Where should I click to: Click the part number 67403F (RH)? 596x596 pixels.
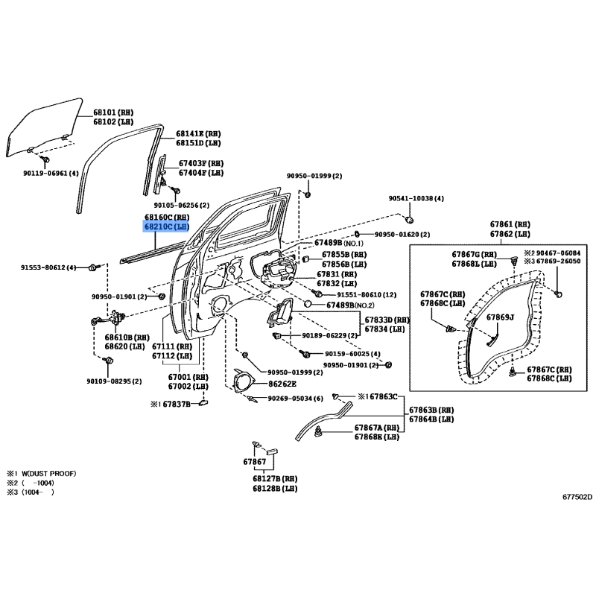tap(200, 163)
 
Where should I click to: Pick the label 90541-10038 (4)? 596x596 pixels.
tap(416, 199)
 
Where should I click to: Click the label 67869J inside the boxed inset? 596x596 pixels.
tap(501, 317)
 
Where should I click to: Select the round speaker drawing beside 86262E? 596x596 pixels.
tap(243, 381)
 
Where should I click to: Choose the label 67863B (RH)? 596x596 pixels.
tap(431, 410)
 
